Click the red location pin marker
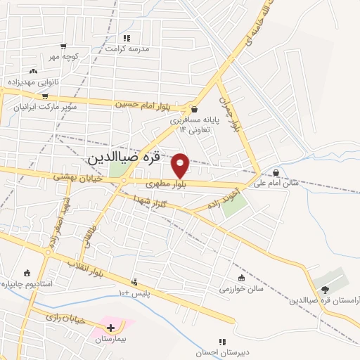(181, 165)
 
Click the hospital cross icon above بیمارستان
(110, 327)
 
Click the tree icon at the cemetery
(324, 288)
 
